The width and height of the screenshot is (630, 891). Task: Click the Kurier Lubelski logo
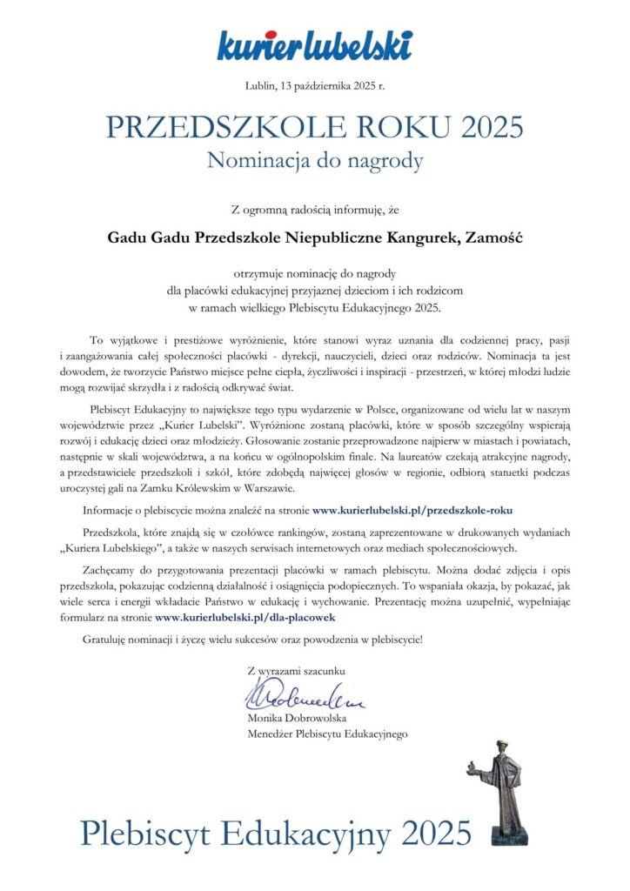click(x=314, y=45)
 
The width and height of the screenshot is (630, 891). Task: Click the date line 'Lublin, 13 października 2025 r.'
click(x=314, y=84)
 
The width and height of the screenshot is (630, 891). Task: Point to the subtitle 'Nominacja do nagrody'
click(x=314, y=160)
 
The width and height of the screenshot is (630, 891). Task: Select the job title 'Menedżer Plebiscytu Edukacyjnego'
click(x=327, y=734)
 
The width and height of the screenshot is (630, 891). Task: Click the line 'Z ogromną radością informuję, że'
click(x=314, y=209)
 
